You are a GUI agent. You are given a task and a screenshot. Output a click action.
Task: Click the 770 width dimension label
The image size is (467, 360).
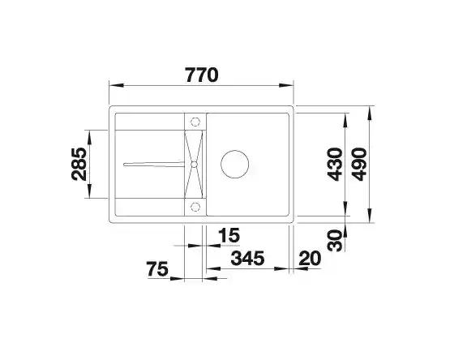202,75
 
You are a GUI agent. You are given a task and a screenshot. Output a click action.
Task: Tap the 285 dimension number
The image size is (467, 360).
79,164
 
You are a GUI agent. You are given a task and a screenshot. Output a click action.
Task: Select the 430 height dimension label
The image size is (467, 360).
335,165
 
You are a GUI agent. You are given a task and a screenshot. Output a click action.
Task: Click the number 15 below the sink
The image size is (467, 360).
229,235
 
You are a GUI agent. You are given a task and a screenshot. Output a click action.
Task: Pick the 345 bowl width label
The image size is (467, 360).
247,258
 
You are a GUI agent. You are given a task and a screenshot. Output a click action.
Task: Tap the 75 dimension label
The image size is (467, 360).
157,269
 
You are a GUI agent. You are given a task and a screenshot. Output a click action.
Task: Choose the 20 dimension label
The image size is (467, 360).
311,258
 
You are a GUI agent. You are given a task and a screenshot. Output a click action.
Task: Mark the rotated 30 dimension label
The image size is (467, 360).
335,241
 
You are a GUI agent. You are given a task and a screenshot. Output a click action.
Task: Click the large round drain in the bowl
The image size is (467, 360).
234,164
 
